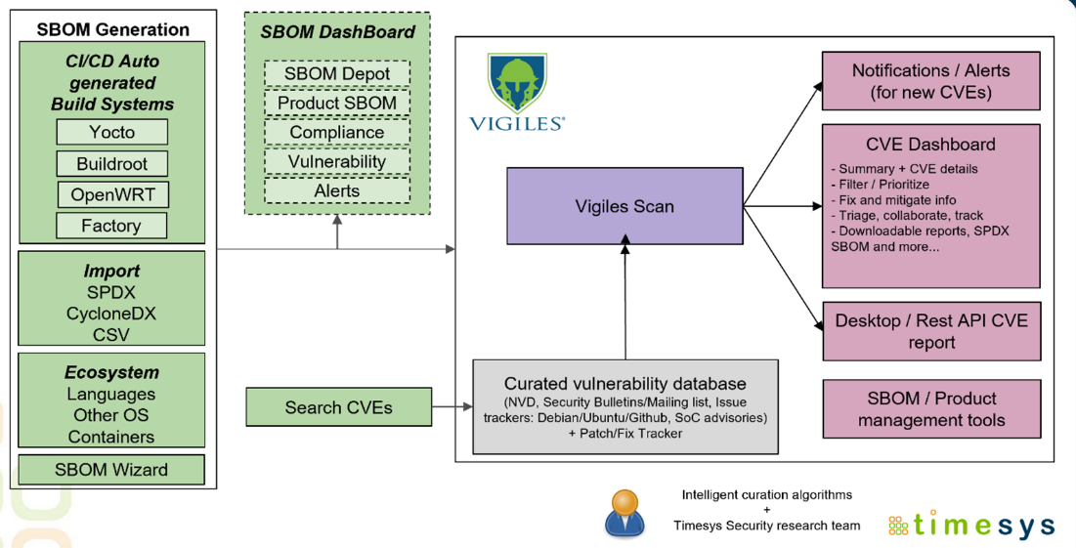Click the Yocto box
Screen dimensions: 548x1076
click(112, 132)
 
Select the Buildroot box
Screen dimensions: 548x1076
click(112, 163)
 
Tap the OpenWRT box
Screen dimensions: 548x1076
click(112, 194)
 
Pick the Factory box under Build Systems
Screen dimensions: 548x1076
click(112, 226)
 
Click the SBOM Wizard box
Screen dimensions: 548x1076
click(111, 470)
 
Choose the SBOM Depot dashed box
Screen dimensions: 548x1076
click(337, 73)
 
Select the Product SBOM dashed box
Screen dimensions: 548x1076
click(337, 103)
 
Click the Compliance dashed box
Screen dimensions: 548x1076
click(337, 132)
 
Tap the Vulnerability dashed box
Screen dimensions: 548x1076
click(337, 161)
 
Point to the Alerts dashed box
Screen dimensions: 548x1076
click(337, 190)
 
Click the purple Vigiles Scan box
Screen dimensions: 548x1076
click(624, 206)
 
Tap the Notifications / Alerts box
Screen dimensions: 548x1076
click(930, 81)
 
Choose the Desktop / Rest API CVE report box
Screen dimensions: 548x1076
click(930, 331)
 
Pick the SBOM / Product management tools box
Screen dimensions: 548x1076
click(930, 409)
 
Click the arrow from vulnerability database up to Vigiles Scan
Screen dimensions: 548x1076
click(624, 303)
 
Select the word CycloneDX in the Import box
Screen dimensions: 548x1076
click(111, 314)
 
